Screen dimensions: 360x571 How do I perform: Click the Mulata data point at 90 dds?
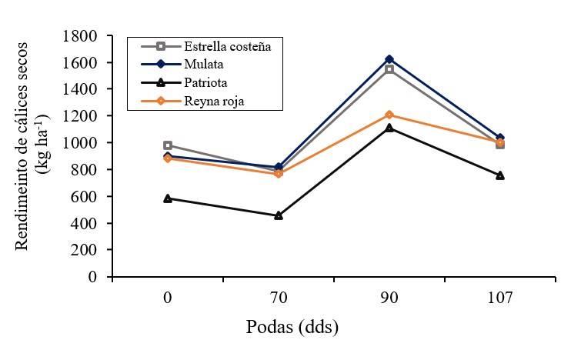[x=389, y=59]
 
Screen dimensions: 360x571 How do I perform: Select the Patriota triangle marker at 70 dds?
[x=279, y=215]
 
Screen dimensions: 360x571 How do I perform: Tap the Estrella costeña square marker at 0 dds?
[x=168, y=145]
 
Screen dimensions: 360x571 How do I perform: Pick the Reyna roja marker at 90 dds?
[x=389, y=115]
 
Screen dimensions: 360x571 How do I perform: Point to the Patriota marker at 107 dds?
[x=500, y=175]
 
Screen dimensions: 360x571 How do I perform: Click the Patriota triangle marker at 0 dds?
[x=168, y=198]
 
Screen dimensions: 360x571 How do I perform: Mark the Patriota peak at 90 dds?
[x=389, y=128]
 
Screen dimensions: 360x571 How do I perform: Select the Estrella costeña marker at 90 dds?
[x=389, y=69]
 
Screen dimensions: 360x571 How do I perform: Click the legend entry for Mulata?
[x=202, y=64]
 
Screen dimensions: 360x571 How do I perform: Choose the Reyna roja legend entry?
[x=212, y=102]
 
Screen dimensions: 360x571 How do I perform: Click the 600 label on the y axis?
[x=88, y=197]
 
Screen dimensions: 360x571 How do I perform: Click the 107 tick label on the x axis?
[x=500, y=298]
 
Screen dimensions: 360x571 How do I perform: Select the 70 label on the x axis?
[x=279, y=298]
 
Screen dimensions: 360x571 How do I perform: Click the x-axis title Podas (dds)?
[x=292, y=328]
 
